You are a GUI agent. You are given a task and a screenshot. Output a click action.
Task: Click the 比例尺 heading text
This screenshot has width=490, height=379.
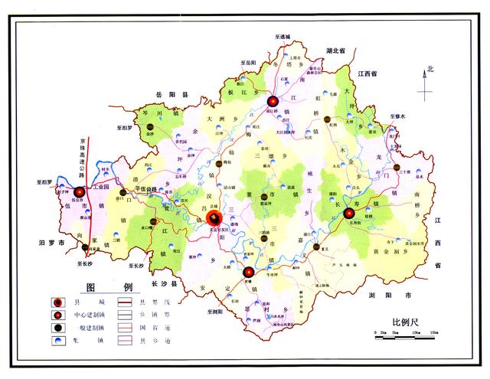(x=406, y=322)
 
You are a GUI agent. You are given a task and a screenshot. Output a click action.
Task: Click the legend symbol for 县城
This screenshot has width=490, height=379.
(x=59, y=303)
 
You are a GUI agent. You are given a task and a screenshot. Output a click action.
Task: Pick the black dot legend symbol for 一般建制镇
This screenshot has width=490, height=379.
(x=59, y=328)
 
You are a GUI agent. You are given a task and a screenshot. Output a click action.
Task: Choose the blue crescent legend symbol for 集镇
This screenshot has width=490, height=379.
(x=59, y=340)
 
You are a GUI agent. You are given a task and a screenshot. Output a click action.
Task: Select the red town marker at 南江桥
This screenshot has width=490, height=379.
(x=272, y=101)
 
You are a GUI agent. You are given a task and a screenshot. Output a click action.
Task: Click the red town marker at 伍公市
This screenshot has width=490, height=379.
(x=79, y=192)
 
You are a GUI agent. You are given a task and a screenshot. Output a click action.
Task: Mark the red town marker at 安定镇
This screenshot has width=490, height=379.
(x=248, y=272)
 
